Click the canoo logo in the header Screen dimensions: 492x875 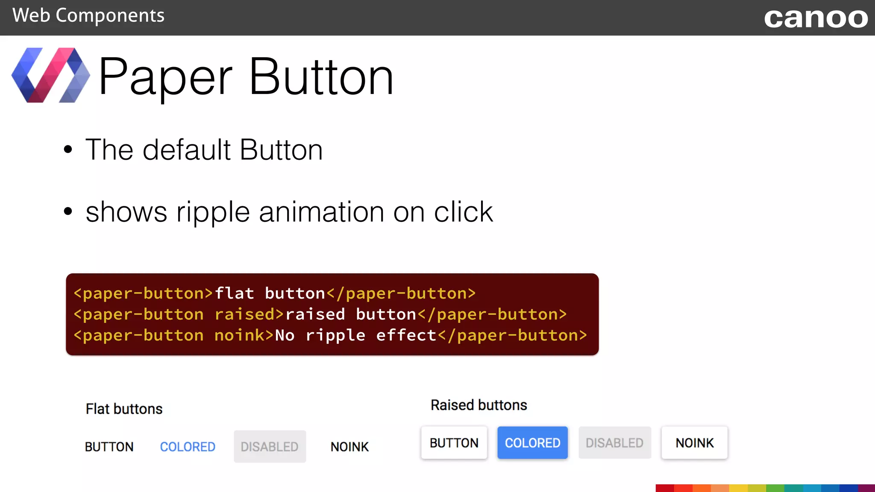click(x=816, y=18)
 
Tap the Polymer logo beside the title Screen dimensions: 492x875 click(x=50, y=75)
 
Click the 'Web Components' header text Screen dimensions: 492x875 click(x=88, y=16)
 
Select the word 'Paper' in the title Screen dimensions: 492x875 click(x=165, y=77)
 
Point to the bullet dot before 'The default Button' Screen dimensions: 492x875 click(x=68, y=150)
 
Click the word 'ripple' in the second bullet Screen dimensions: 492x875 click(x=213, y=212)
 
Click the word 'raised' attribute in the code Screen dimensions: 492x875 click(x=245, y=314)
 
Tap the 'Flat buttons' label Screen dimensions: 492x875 click(x=124, y=409)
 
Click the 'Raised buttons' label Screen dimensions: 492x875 click(x=479, y=405)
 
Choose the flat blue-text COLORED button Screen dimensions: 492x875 click(x=188, y=447)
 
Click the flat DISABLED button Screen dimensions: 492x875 click(x=270, y=447)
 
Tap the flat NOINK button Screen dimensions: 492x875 click(x=349, y=447)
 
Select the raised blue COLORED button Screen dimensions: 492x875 click(x=532, y=443)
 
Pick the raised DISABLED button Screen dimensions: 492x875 click(x=614, y=443)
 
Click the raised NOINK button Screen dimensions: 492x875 click(x=694, y=443)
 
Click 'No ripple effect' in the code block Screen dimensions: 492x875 click(x=355, y=335)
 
